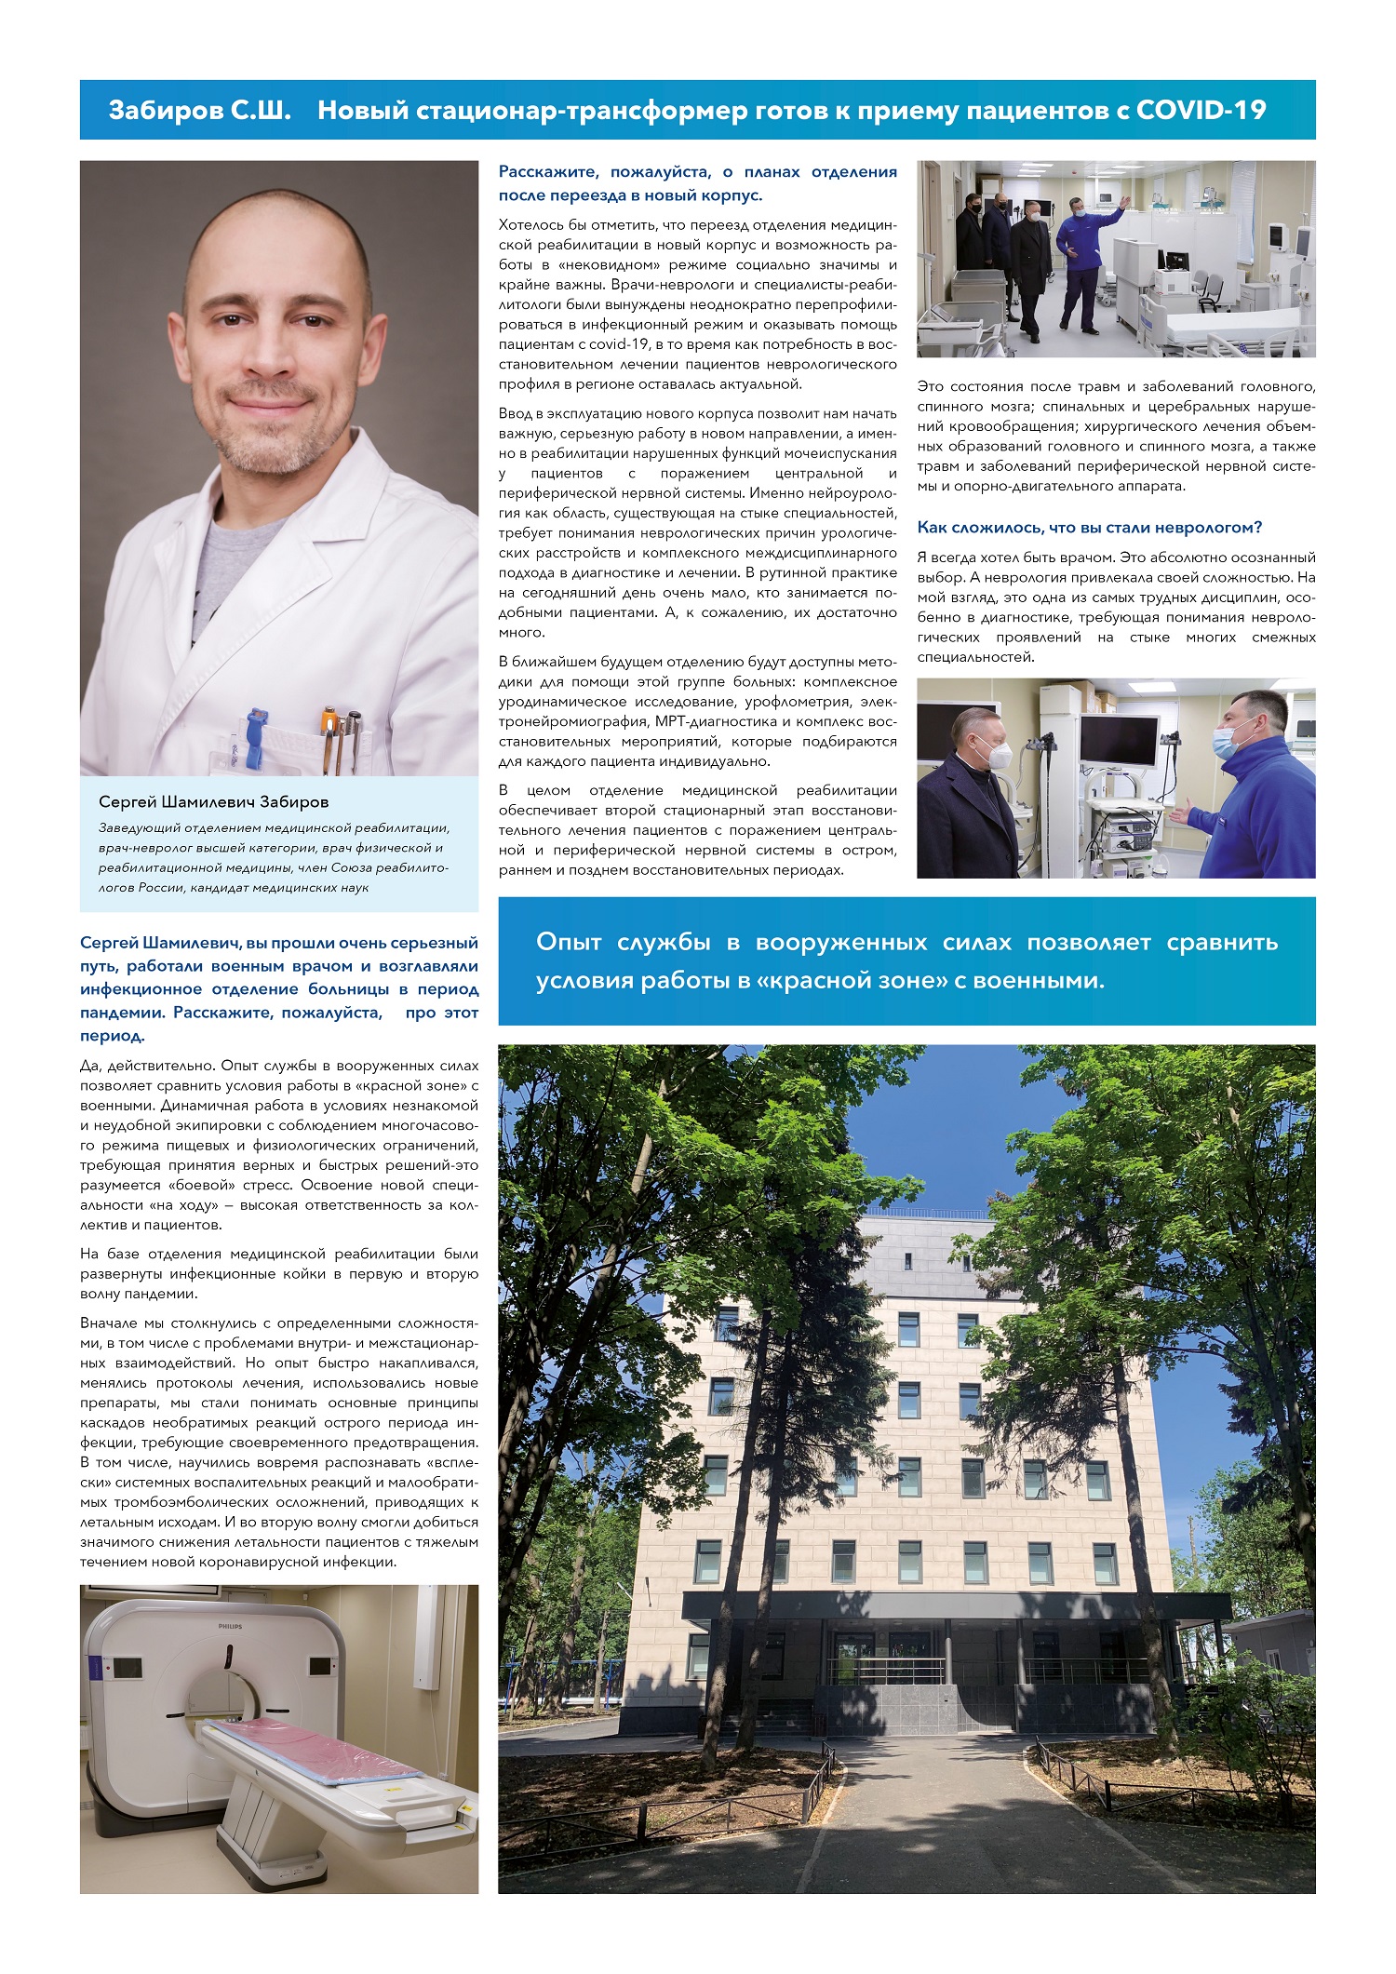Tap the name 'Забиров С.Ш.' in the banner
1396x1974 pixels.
pyautogui.click(x=199, y=110)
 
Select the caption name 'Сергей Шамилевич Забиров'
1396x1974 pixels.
pyautogui.click(x=213, y=801)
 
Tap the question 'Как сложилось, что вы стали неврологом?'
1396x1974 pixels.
pyautogui.click(x=1089, y=528)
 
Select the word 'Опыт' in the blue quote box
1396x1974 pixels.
pyautogui.click(x=568, y=942)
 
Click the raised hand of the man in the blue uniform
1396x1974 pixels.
pyautogui.click(x=1125, y=201)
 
